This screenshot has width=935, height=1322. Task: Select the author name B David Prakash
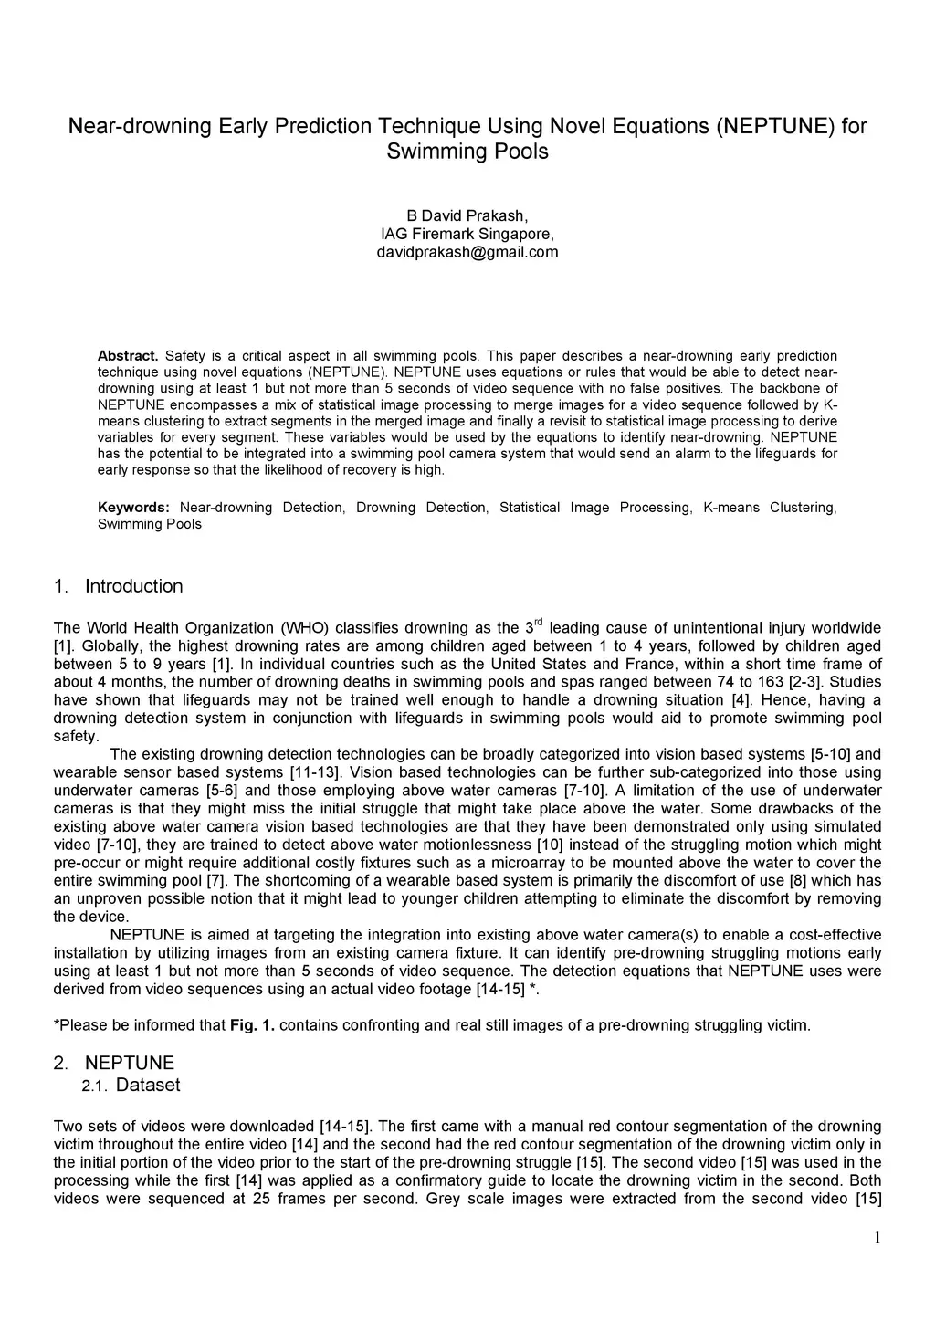tap(467, 215)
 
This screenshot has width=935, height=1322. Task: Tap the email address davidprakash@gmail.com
tap(467, 252)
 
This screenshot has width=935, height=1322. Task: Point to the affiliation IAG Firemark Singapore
tap(467, 234)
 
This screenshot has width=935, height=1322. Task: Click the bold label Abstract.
tap(128, 355)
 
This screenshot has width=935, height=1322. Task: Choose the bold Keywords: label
tap(133, 508)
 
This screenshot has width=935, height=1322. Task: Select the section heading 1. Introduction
tap(119, 586)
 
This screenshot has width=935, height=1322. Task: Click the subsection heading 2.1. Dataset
tap(131, 1085)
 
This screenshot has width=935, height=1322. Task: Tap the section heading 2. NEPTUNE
tap(114, 1063)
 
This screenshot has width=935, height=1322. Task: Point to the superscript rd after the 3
tap(538, 623)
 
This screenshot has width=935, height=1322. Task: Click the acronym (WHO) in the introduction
tap(306, 628)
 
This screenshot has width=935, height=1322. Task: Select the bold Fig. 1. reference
tap(252, 1025)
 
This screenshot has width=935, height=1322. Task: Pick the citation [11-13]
tap(315, 772)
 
